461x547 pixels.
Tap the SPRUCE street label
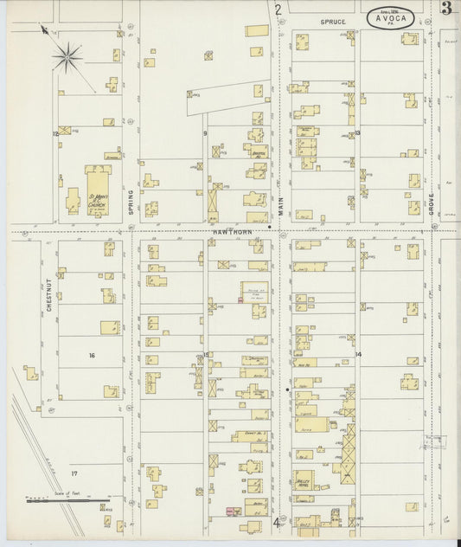[x=332, y=20]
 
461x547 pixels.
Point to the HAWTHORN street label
[x=227, y=231]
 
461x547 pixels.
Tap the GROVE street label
[x=431, y=204]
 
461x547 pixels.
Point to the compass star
[x=67, y=58]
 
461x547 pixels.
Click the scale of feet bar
[x=65, y=503]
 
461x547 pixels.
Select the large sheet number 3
[x=445, y=10]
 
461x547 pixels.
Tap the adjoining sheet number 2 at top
[x=278, y=10]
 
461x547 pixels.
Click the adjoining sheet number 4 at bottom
[x=278, y=522]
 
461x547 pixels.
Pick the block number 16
[x=91, y=355]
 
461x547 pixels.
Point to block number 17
[x=74, y=473]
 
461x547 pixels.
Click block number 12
[x=56, y=134]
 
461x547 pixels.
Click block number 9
[x=205, y=132]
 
